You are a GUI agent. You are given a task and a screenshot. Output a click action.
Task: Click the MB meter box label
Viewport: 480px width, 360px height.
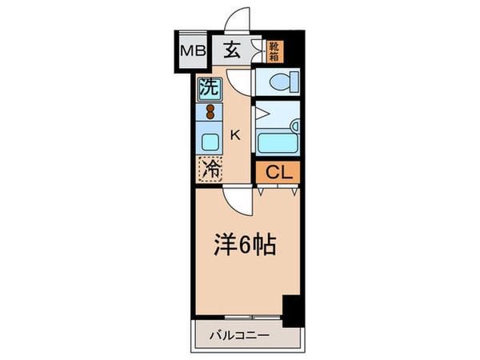pyautogui.click(x=192, y=51)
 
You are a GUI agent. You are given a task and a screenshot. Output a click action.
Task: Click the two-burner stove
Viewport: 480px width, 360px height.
pyautogui.click(x=210, y=111)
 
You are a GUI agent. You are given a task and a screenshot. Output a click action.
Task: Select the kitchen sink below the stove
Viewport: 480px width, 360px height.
pyautogui.click(x=210, y=142)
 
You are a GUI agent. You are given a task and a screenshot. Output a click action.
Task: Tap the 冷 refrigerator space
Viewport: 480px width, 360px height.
pyautogui.click(x=210, y=169)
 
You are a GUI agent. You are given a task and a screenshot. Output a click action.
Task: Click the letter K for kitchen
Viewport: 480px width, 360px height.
pyautogui.click(x=236, y=135)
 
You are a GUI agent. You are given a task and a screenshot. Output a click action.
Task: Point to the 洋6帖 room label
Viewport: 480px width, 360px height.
pyautogui.click(x=244, y=244)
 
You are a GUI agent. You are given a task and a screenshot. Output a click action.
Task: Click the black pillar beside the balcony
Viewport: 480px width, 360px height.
pyautogui.click(x=293, y=310)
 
